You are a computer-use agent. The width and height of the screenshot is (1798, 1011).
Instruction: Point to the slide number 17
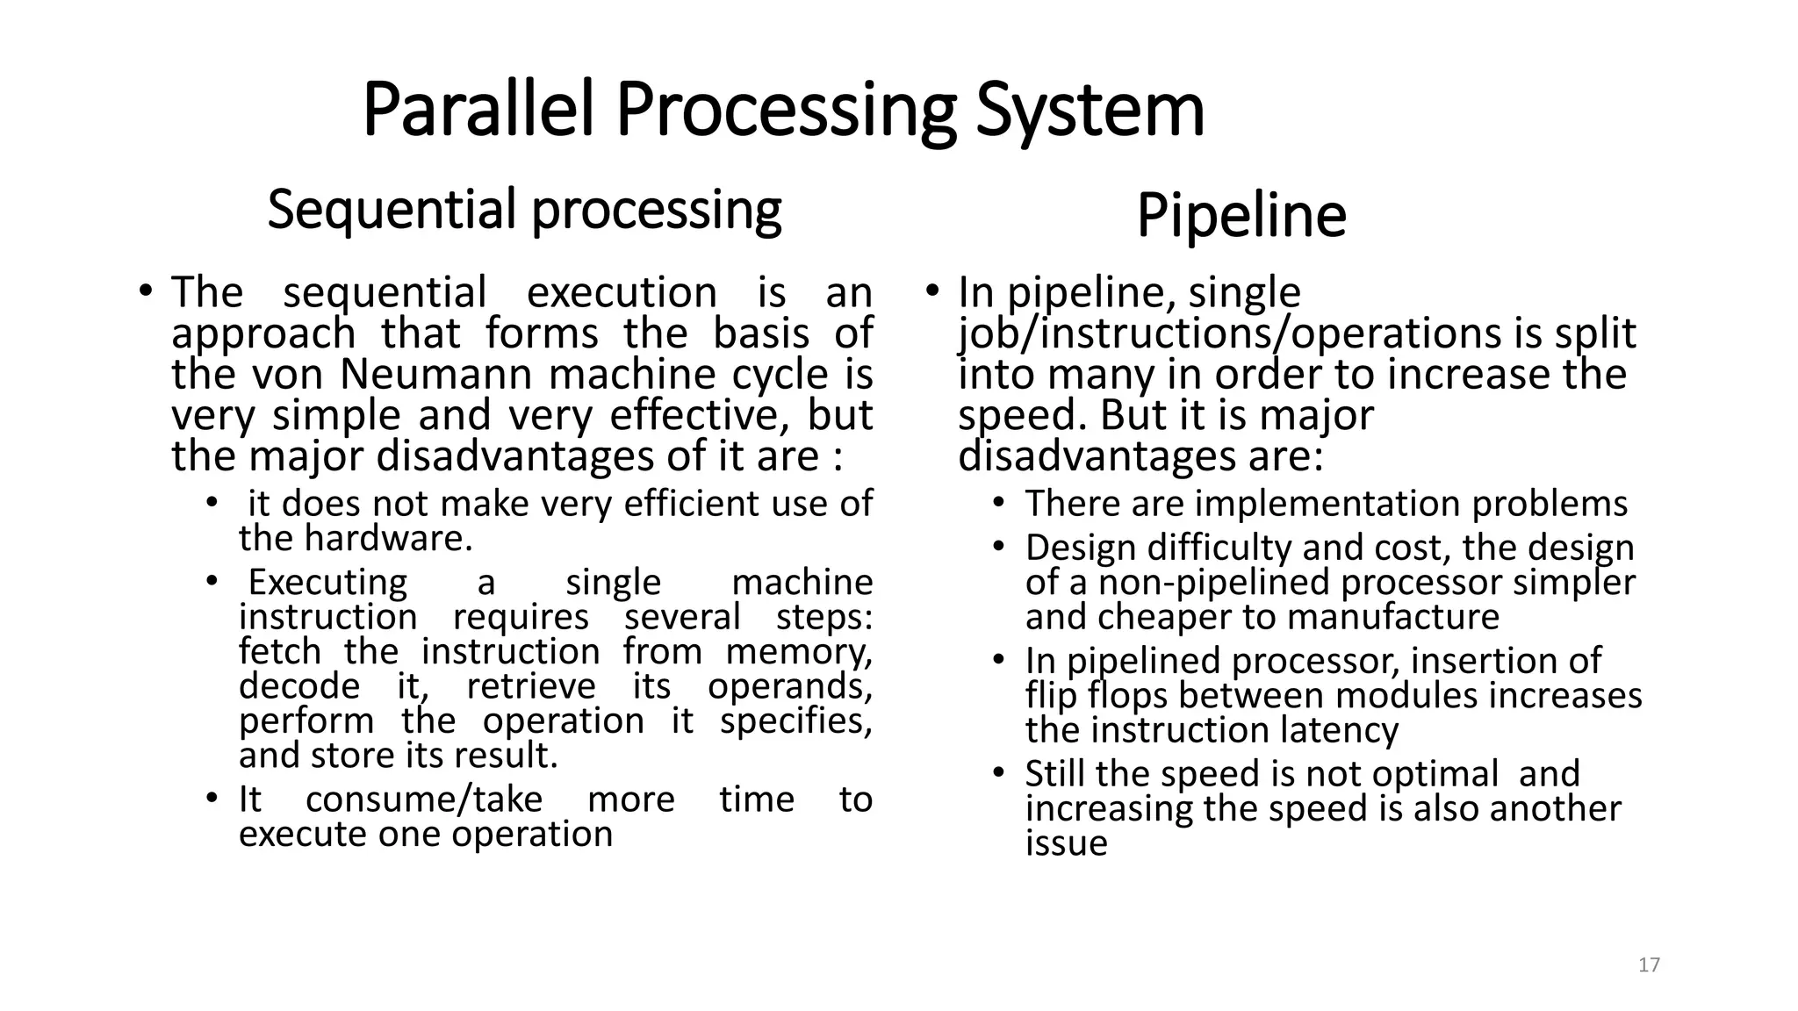coord(1649,965)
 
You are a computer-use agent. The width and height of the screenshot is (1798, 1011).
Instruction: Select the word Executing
coord(327,583)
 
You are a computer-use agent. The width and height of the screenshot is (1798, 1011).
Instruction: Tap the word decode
coord(298,686)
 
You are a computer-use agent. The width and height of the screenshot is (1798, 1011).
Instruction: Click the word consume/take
coord(424,799)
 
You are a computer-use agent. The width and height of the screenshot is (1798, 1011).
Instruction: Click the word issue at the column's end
coord(1066,843)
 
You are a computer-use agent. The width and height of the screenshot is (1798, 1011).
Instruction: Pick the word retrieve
coord(531,686)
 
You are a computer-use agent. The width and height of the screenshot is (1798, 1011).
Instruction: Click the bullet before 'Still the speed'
coord(998,773)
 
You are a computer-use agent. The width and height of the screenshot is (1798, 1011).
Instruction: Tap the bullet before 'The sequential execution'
coord(146,290)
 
